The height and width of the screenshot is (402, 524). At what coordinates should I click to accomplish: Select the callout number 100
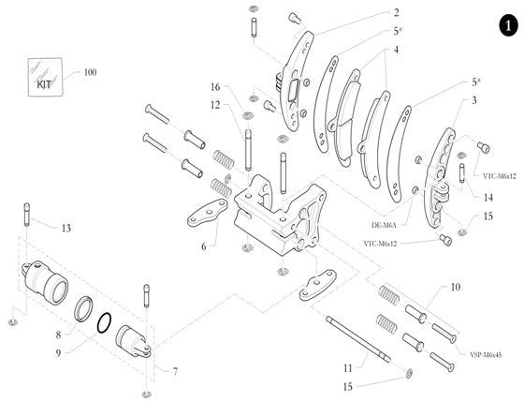pyautogui.click(x=90, y=72)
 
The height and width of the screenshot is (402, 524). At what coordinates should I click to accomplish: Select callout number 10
pyautogui.click(x=455, y=287)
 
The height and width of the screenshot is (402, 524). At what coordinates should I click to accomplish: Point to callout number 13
pyautogui.click(x=65, y=228)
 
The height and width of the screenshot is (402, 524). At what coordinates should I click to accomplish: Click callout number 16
pyautogui.click(x=214, y=87)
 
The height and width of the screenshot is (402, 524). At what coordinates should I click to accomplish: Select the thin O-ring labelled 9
pyautogui.click(x=104, y=322)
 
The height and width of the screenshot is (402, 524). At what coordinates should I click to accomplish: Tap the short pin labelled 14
pyautogui.click(x=462, y=174)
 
